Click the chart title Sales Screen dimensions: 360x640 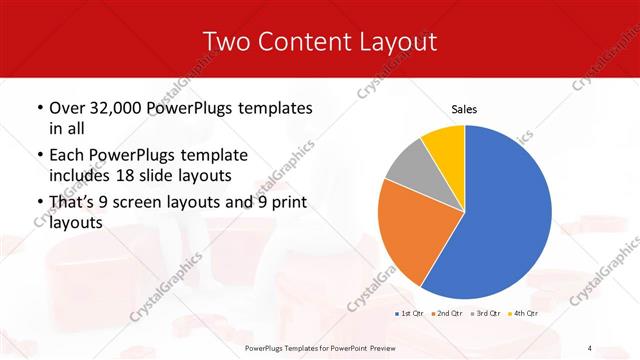coord(465,107)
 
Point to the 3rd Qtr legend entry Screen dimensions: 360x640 coord(487,314)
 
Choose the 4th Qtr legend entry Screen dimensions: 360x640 coord(524,314)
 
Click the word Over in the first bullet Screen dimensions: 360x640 coord(68,108)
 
